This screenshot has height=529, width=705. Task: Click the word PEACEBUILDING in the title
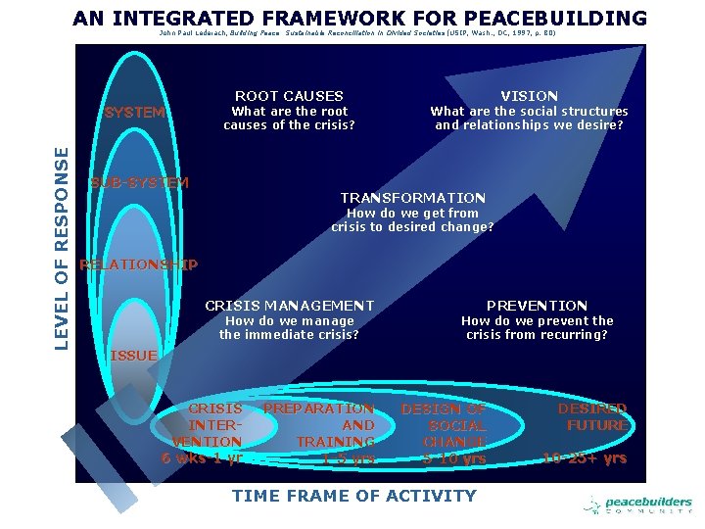553,18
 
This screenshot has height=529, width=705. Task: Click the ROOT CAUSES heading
289,96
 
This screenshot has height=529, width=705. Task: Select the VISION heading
529,96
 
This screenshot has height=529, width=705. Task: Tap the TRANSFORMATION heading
412,198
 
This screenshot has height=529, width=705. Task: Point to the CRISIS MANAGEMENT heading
289,306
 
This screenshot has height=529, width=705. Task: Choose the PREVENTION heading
537,306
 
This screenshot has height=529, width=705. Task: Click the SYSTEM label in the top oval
135,112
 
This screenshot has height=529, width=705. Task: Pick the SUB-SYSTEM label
139,183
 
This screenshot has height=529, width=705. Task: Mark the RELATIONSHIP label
138,264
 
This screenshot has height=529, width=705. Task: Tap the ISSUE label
133,355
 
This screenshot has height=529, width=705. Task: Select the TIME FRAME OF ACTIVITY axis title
353,496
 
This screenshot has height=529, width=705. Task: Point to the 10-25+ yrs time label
586,457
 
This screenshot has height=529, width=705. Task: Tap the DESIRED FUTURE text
592,416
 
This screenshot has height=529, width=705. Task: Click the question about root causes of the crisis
289,118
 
